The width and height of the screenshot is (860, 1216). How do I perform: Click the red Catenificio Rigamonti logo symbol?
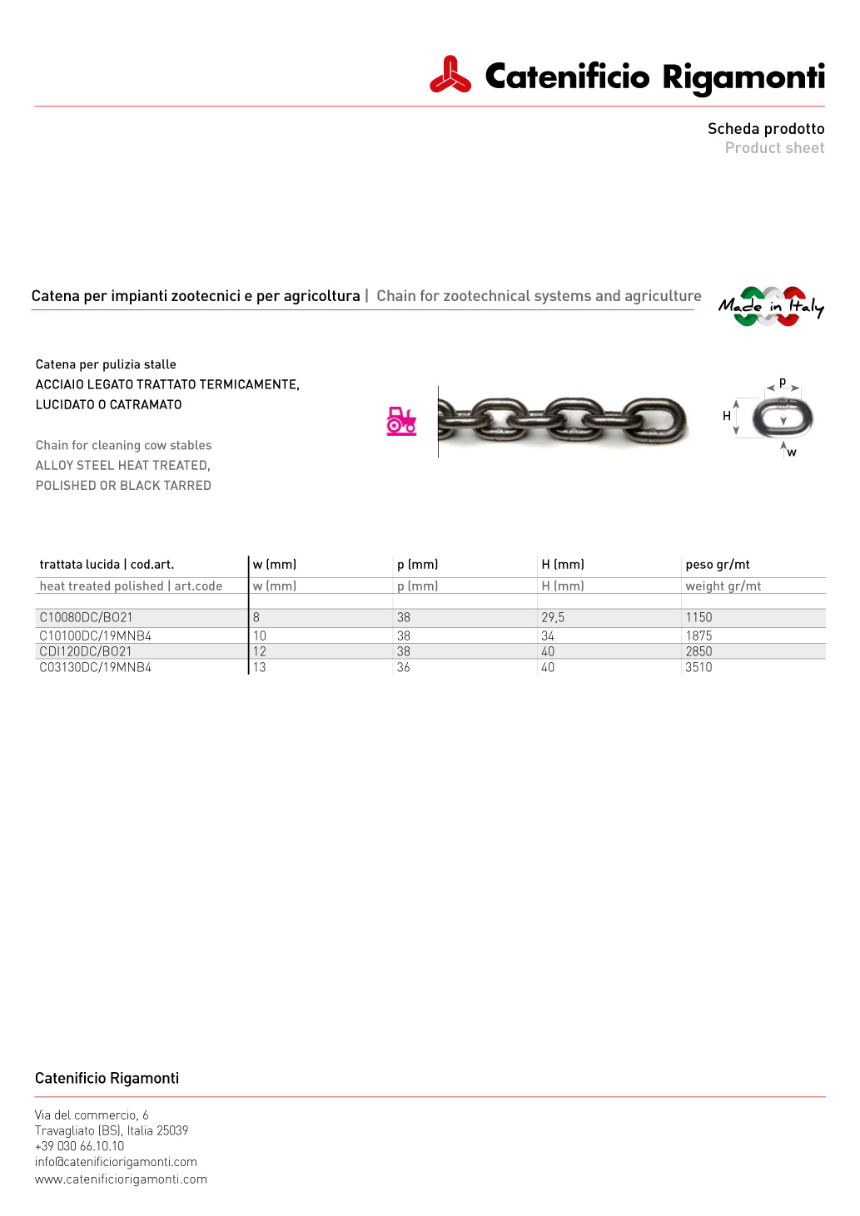(450, 76)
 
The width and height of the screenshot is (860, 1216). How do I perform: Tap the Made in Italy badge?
(771, 306)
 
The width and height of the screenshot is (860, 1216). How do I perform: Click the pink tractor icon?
(401, 421)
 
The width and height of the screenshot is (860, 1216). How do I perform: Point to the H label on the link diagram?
(727, 416)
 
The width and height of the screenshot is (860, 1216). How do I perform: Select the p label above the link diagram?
(783, 382)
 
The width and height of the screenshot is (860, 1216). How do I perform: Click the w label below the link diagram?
(792, 452)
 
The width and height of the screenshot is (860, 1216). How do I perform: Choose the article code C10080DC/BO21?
(86, 617)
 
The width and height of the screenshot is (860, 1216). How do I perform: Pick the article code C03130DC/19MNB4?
(95, 667)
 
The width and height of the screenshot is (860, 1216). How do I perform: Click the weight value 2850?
(698, 651)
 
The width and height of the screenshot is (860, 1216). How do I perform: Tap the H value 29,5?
(553, 617)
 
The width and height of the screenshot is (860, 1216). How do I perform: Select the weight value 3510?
(698, 667)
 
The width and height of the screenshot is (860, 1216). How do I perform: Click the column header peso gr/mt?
(718, 564)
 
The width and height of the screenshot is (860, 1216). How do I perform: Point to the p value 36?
(404, 667)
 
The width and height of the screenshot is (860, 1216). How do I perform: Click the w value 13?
(260, 667)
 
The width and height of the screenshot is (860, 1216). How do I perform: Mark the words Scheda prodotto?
(766, 129)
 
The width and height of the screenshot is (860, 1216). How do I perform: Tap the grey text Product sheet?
(774, 148)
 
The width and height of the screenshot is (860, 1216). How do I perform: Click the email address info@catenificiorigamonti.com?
(116, 1162)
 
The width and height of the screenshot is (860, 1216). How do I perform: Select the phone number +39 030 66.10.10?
(79, 1146)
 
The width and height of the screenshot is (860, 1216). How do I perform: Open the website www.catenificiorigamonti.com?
(121, 1179)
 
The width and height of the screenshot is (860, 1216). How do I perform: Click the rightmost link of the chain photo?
(655, 419)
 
